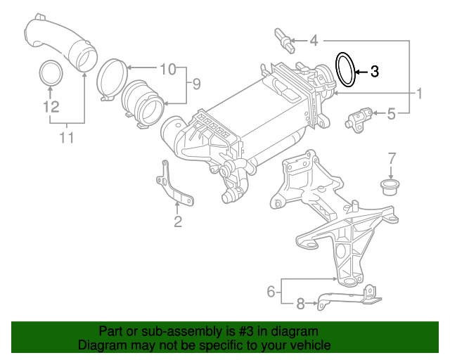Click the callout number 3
(x=374, y=71)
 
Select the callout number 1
(x=420, y=93)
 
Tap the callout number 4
(x=314, y=41)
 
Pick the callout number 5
(x=392, y=112)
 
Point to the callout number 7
(x=392, y=158)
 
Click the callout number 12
(x=49, y=107)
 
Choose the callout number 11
(x=66, y=138)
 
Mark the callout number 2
(x=178, y=223)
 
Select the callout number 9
(x=195, y=84)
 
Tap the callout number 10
(x=167, y=69)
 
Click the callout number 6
(x=270, y=290)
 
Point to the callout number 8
(x=300, y=304)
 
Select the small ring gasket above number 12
(x=49, y=72)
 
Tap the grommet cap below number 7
(x=387, y=186)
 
